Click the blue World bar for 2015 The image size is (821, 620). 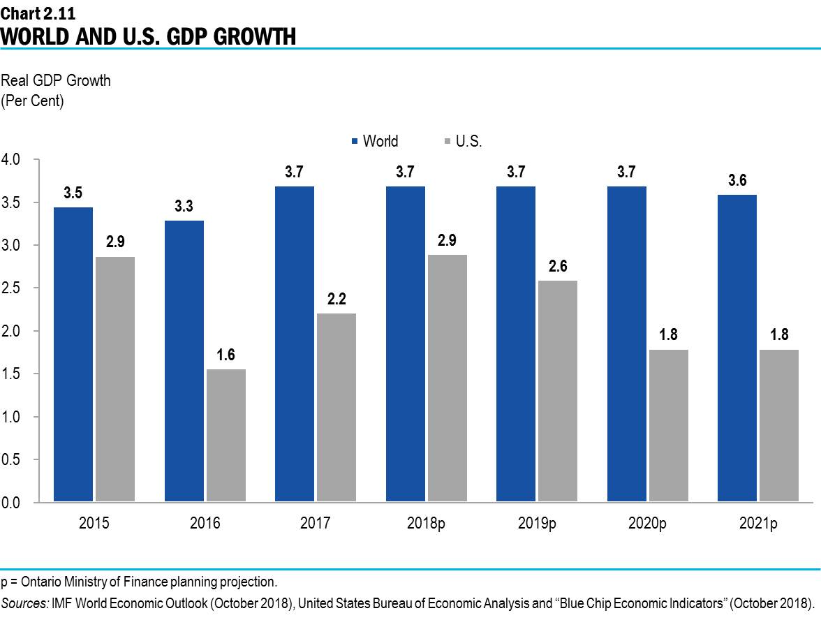tap(73, 355)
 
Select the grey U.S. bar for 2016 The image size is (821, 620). tap(225, 436)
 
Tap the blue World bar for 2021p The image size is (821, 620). tap(737, 348)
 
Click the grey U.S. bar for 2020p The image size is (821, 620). tap(668, 426)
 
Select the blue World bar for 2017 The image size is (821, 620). tap(294, 344)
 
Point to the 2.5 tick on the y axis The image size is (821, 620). tap(14, 288)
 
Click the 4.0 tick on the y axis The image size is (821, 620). tap(14, 160)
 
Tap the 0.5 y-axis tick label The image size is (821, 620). tap(14, 460)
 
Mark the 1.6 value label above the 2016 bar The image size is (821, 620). tap(225, 355)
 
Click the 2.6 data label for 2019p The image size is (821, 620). tap(557, 266)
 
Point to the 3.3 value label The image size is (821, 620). tap(184, 206)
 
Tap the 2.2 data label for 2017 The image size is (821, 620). tap(336, 299)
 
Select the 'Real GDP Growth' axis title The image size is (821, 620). tap(56, 81)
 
